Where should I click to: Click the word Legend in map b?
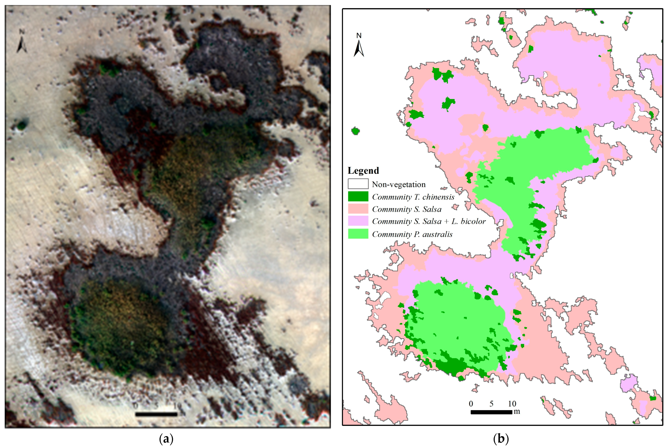tap(363, 171)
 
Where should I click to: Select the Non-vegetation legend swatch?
tap(358, 184)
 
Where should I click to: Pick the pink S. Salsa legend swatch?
tap(358, 209)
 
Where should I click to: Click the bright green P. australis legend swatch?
tap(358, 234)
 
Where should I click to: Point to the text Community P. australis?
tap(412, 234)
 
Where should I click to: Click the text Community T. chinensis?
tap(413, 197)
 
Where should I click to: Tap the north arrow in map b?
tap(359, 46)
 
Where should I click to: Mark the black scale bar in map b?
tap(491, 412)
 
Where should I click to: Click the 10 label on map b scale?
tap(512, 404)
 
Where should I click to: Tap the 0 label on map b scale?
tap(471, 404)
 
